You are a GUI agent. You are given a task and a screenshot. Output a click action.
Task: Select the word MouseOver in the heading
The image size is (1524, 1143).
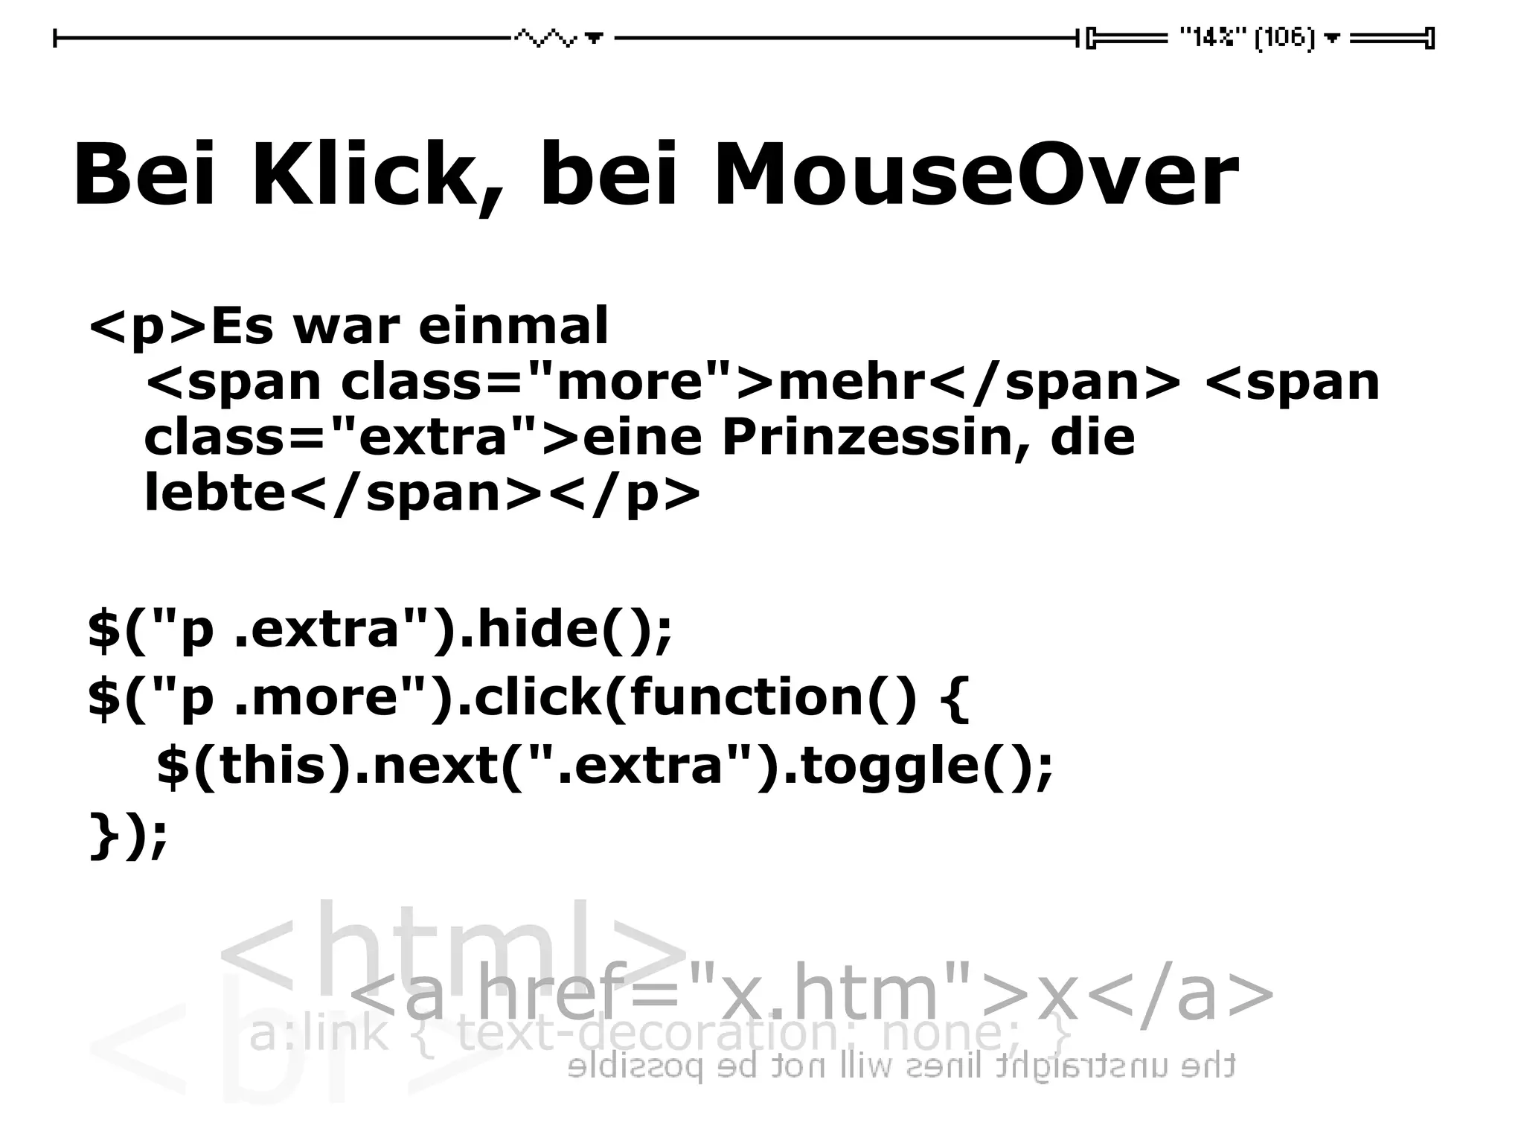click(x=976, y=175)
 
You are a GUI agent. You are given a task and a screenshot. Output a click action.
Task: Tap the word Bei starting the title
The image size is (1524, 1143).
click(x=145, y=175)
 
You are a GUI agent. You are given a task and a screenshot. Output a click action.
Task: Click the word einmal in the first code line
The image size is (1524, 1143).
click(x=513, y=326)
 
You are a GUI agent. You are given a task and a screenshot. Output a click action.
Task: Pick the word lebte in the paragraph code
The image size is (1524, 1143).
click(x=215, y=493)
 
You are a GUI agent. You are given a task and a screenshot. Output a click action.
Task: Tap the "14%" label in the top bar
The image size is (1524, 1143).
click(x=1213, y=37)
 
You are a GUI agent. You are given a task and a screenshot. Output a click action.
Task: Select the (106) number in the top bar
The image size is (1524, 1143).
click(x=1285, y=37)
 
